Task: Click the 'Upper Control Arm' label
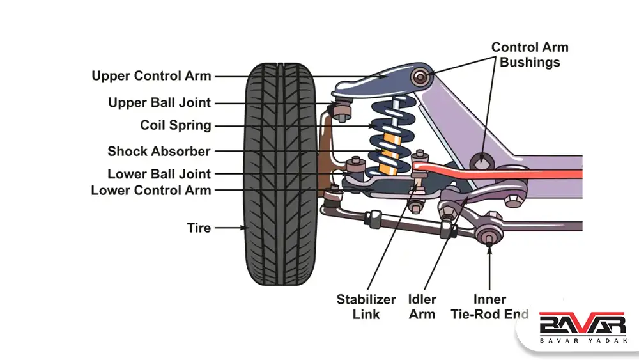point(151,76)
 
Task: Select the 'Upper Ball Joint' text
point(159,103)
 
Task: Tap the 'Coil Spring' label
point(176,125)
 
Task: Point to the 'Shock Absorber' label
point(159,152)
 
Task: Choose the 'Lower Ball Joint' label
point(159,174)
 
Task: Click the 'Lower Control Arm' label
point(151,190)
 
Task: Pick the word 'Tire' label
point(199,227)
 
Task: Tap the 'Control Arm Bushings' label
point(530,55)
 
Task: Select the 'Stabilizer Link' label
point(366,307)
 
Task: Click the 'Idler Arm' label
point(422,307)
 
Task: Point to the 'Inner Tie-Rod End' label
point(489,307)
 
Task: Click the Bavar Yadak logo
point(582,329)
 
